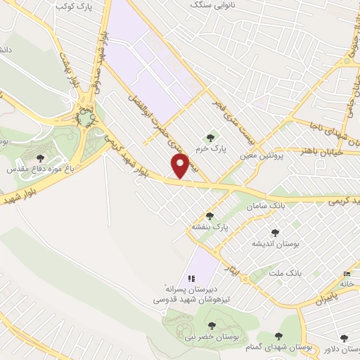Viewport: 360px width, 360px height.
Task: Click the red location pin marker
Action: pos(181,166)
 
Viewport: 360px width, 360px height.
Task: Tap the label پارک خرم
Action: pos(209,148)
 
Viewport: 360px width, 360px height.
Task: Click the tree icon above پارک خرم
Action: pos(209,136)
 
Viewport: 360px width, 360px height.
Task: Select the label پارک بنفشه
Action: pos(210,228)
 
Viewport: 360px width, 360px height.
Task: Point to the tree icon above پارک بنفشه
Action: pos(210,216)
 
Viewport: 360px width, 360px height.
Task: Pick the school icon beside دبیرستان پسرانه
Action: pos(191,279)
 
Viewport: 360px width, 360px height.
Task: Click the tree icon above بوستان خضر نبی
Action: pos(212,325)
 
